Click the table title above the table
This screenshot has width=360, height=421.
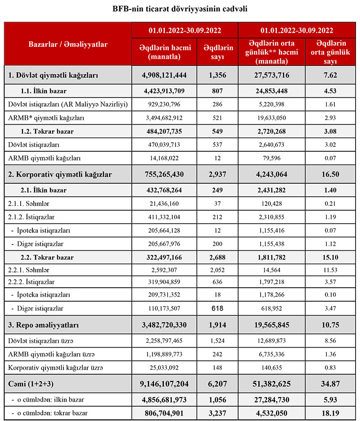(x=180, y=9)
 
